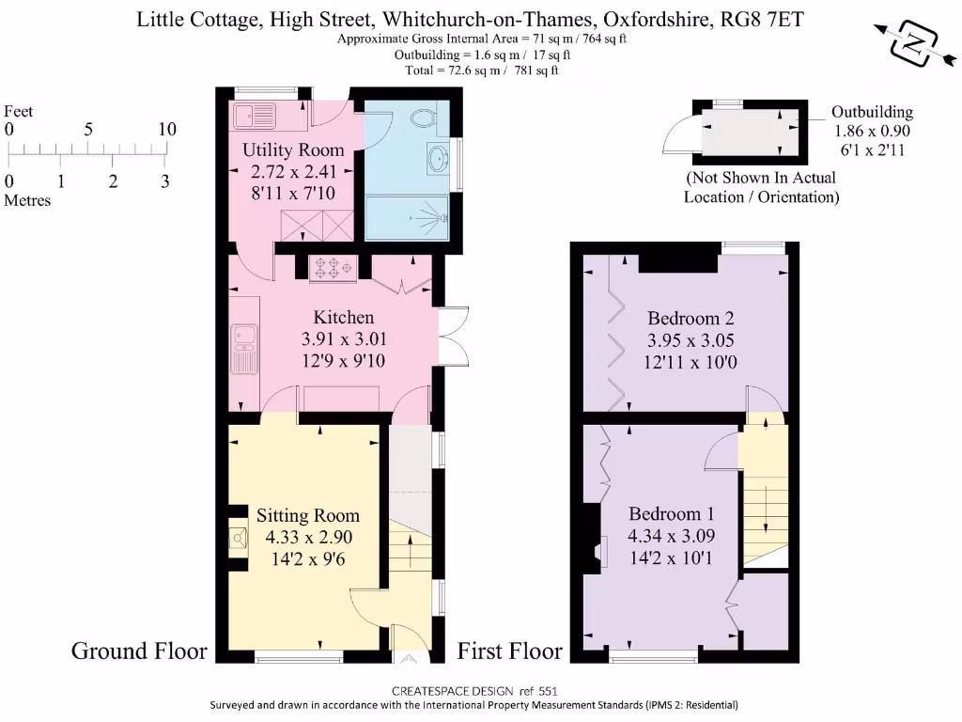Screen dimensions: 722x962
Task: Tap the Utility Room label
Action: pos(292,150)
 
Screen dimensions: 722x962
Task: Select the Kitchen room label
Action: pos(343,318)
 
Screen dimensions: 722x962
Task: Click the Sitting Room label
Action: pos(308,516)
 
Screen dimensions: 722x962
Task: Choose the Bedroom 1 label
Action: pos(672,514)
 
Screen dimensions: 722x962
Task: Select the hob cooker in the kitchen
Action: pos(332,268)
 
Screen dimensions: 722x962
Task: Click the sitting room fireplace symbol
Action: pos(238,537)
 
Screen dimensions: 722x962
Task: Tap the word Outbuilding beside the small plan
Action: pos(872,113)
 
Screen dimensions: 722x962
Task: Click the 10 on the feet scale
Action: pos(166,130)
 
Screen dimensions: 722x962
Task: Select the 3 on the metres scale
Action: pos(165,182)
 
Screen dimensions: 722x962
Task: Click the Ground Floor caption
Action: pos(139,651)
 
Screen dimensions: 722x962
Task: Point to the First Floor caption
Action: pos(509,651)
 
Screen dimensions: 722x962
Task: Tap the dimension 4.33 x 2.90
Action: pos(308,539)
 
